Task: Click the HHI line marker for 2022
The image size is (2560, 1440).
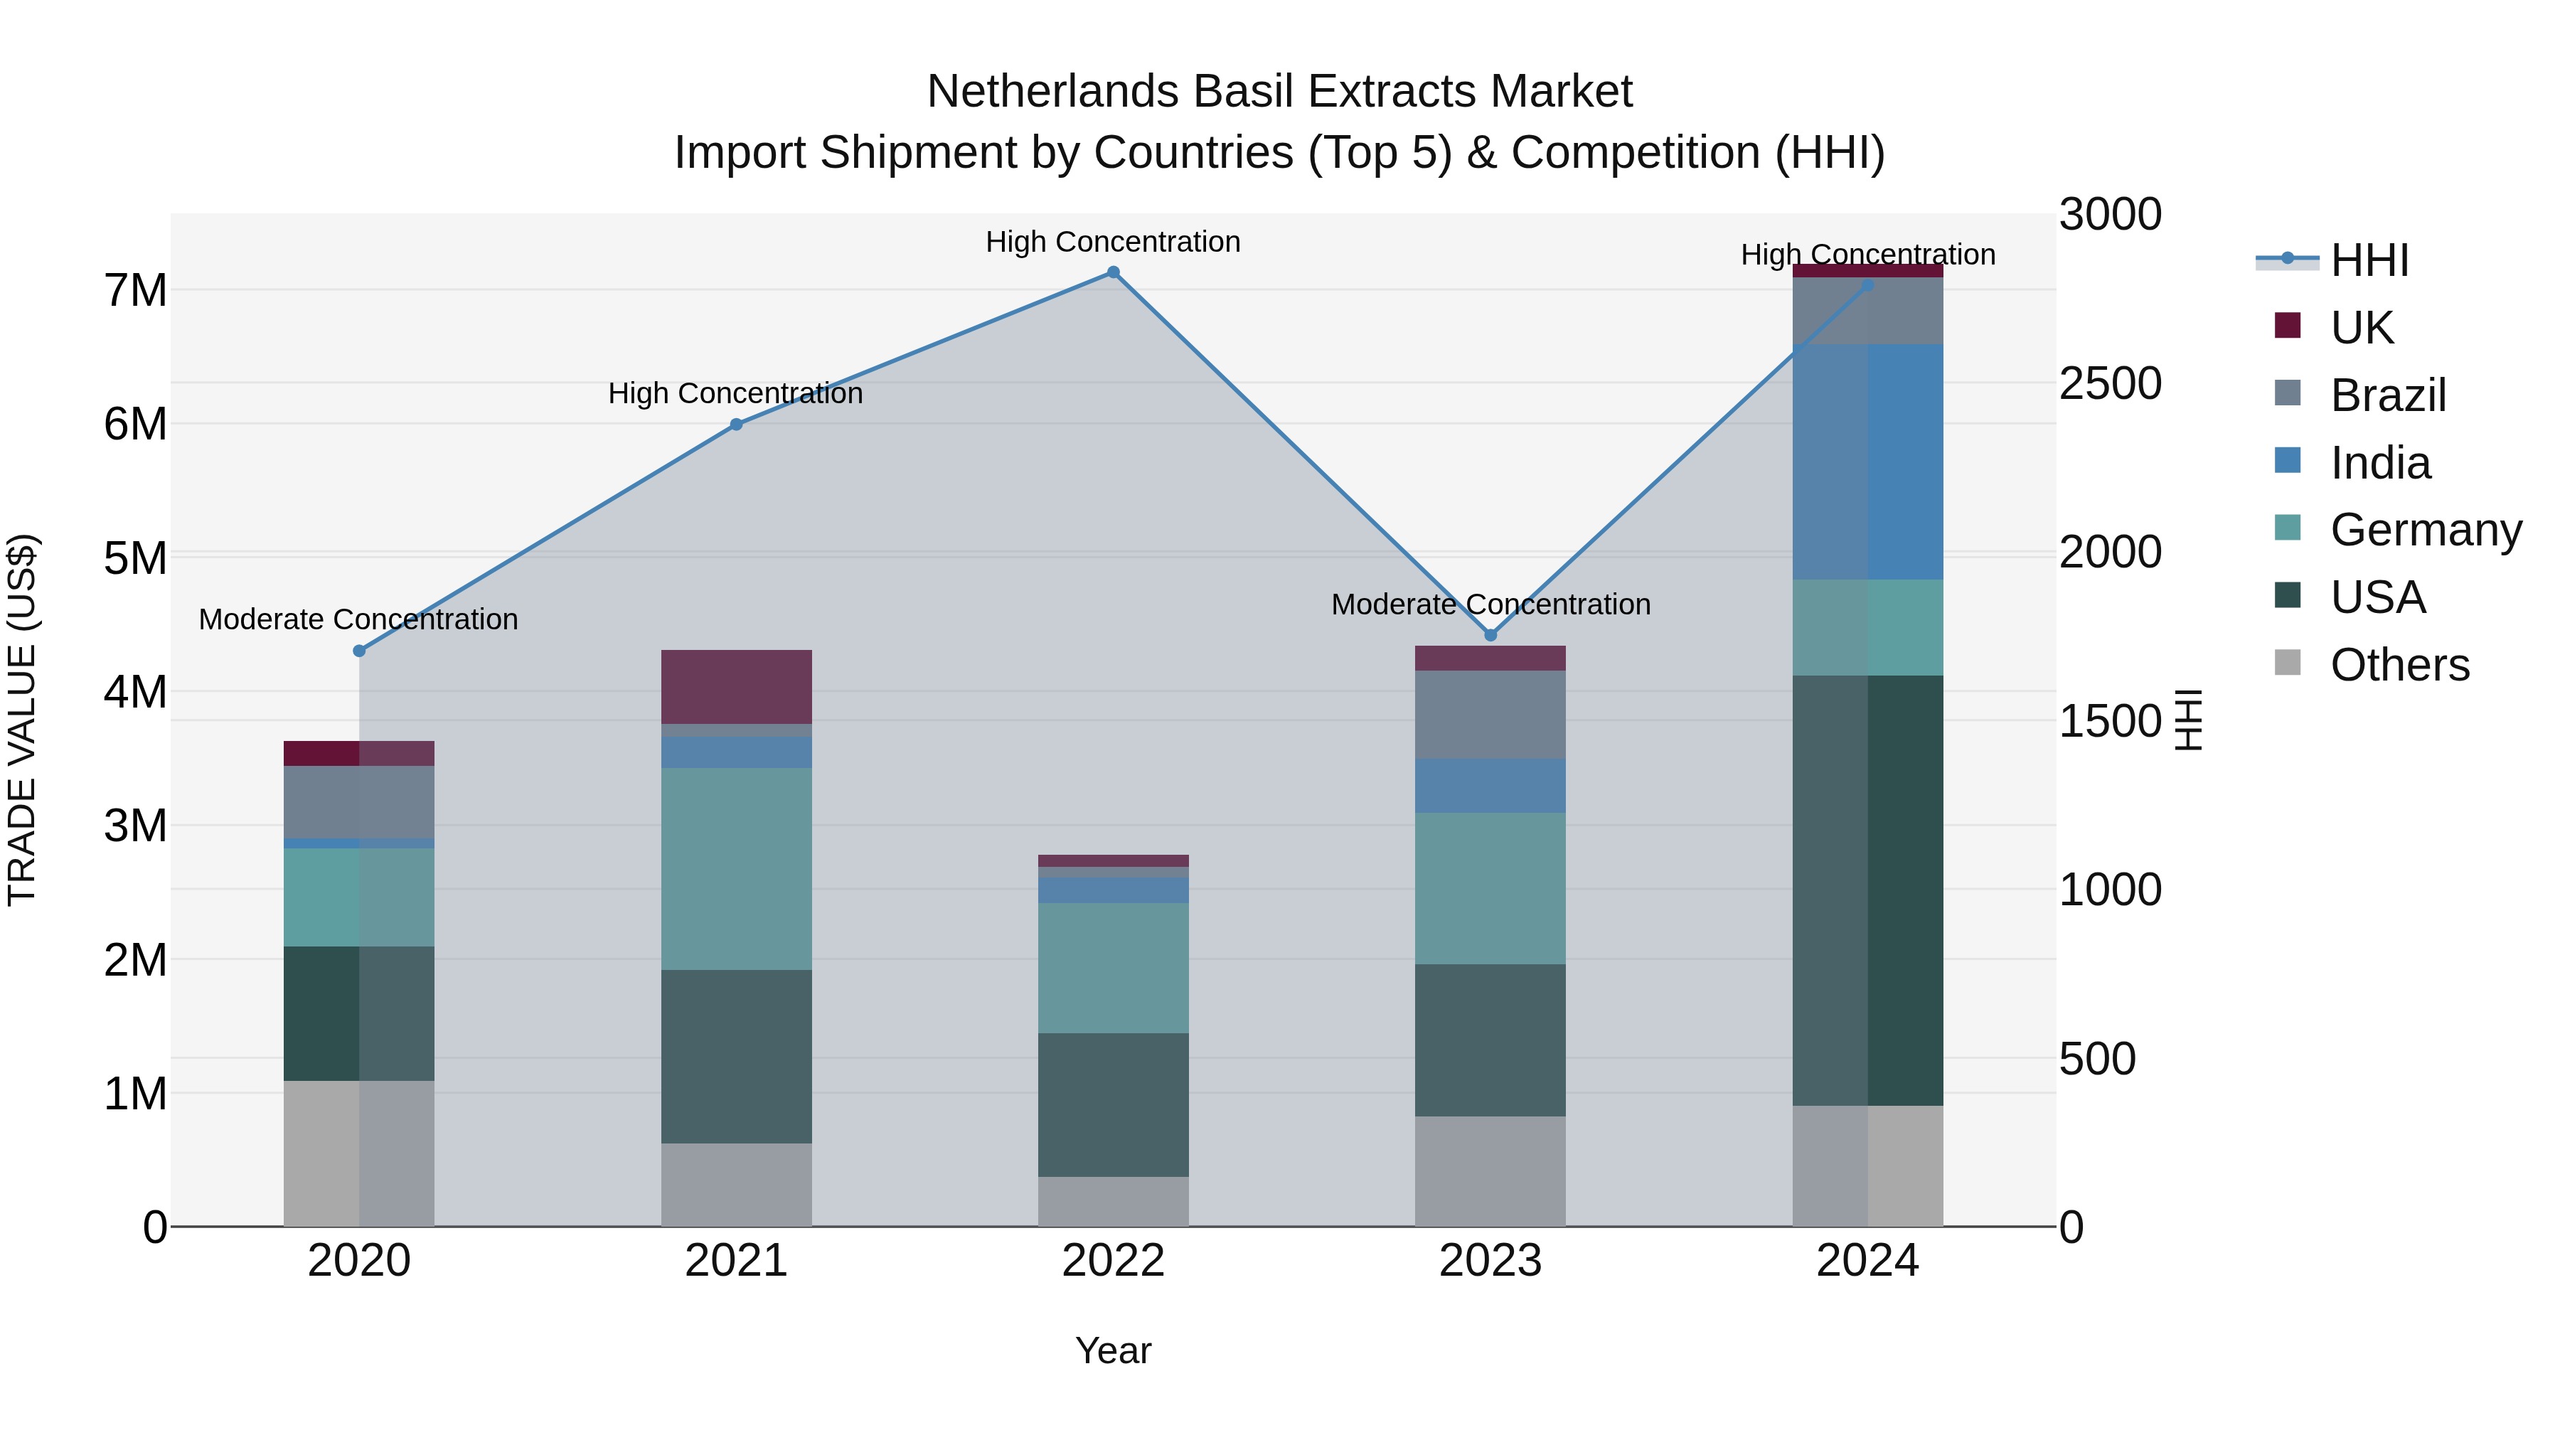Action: pyautogui.click(x=1113, y=272)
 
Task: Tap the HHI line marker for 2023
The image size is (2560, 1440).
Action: pyautogui.click(x=1490, y=635)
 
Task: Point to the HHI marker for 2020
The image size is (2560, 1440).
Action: pyautogui.click(x=360, y=651)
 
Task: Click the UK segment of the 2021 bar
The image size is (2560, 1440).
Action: pyautogui.click(x=737, y=687)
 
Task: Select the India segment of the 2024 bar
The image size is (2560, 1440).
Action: pyautogui.click(x=1867, y=462)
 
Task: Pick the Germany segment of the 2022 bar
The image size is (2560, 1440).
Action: pyautogui.click(x=1113, y=968)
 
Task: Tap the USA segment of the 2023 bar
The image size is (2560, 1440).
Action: pyautogui.click(x=1490, y=1040)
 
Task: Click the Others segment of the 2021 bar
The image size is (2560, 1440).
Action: pyautogui.click(x=737, y=1185)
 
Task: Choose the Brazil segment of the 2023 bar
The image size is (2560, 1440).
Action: pyautogui.click(x=1490, y=715)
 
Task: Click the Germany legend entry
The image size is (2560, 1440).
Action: pyautogui.click(x=2425, y=530)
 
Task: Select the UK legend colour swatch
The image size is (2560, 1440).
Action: pyautogui.click(x=2287, y=326)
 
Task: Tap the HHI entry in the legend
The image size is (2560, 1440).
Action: pyautogui.click(x=2369, y=260)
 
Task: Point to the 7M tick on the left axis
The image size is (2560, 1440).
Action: pyautogui.click(x=135, y=291)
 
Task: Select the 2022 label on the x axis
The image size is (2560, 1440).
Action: pyautogui.click(x=1113, y=1261)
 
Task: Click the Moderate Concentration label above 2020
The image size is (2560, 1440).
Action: pyautogui.click(x=359, y=619)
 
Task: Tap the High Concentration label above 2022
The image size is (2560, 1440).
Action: pyautogui.click(x=1113, y=242)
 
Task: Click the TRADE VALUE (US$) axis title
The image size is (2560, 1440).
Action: pyautogui.click(x=23, y=720)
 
